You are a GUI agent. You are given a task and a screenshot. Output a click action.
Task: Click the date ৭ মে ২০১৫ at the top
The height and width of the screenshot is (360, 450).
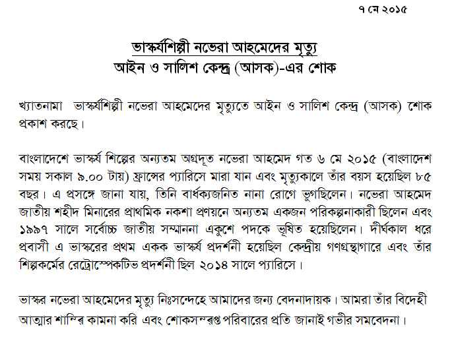381,10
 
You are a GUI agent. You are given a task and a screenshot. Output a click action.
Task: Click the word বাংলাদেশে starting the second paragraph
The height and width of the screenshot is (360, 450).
46,160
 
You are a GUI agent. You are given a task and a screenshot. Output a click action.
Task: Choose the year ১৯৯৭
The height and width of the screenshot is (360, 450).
35,231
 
